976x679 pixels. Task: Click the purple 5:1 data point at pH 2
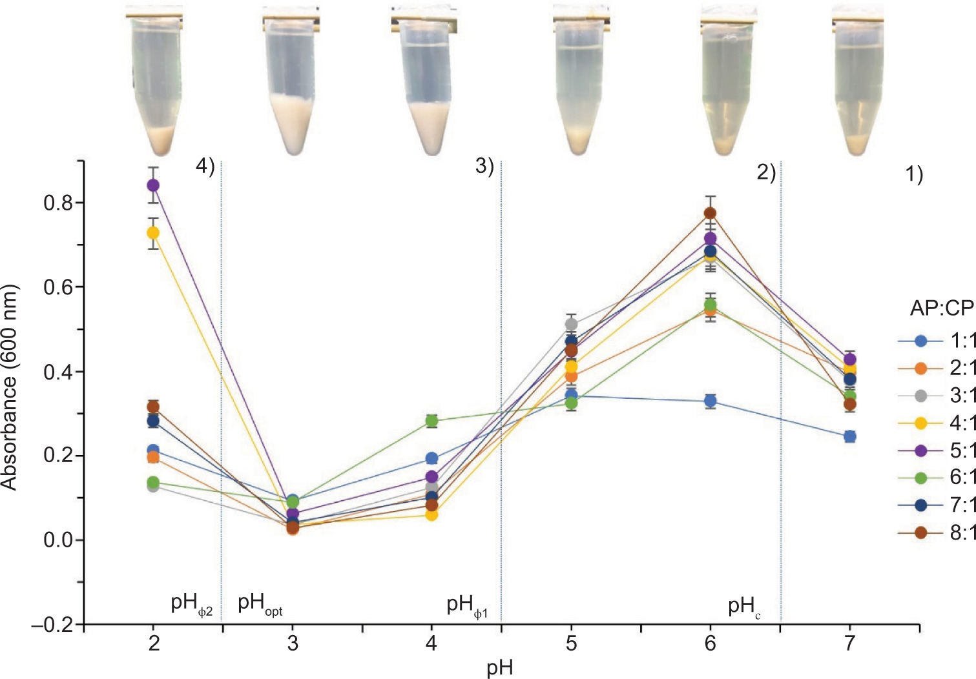153,185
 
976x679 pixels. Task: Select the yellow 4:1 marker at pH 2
153,232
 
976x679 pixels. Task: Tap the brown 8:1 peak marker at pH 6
710,214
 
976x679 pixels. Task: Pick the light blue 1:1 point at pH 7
850,436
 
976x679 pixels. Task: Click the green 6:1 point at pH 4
431,421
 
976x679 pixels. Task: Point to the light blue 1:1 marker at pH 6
710,401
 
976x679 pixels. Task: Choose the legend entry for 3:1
937,396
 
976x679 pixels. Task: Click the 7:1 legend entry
937,505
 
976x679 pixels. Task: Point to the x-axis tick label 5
571,644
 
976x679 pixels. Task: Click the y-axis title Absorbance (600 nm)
9,387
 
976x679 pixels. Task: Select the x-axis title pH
500,668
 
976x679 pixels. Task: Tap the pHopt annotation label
260,605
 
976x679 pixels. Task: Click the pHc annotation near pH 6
743,607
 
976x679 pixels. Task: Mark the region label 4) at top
205,167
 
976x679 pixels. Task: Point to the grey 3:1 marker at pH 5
571,324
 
